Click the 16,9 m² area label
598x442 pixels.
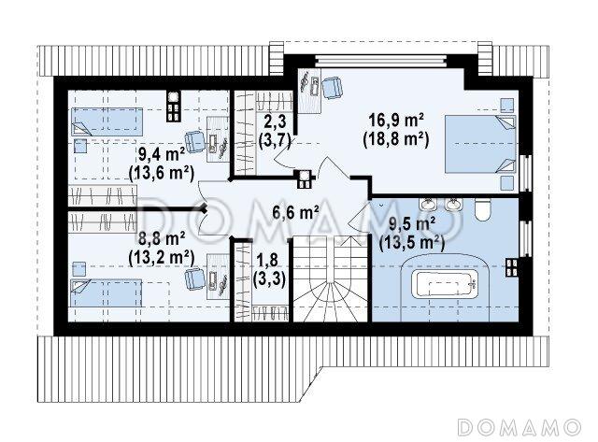pyautogui.click(x=396, y=121)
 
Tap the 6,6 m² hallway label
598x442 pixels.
pyautogui.click(x=295, y=212)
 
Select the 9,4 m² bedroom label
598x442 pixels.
pyautogui.click(x=162, y=155)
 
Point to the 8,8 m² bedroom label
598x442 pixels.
pyautogui.click(x=162, y=239)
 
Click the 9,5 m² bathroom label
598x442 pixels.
pyautogui.click(x=412, y=224)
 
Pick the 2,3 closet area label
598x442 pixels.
pyautogui.click(x=275, y=121)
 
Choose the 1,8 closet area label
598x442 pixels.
pyautogui.click(x=269, y=261)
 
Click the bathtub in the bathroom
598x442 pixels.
pyautogui.click(x=445, y=284)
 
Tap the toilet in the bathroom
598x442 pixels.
pyautogui.click(x=482, y=209)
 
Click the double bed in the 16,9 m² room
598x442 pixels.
pyautogui.click(x=480, y=144)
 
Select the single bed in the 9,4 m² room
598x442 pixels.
pyautogui.click(x=107, y=121)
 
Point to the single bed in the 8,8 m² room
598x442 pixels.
pyautogui.click(x=106, y=292)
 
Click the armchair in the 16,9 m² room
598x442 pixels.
pyautogui.click(x=332, y=88)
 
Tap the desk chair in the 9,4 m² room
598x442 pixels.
pyautogui.click(x=194, y=142)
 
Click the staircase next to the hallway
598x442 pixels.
pyautogui.click(x=330, y=279)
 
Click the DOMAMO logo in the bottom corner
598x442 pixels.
pyautogui.click(x=520, y=427)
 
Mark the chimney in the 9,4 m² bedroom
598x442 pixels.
pyautogui.click(x=173, y=106)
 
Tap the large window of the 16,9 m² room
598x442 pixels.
pyautogui.click(x=380, y=61)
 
